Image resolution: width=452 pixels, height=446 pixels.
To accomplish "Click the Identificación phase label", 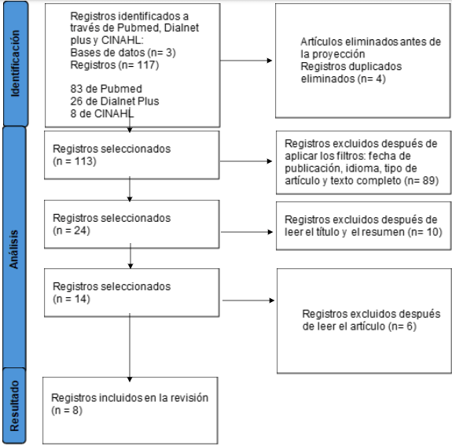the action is (15, 64).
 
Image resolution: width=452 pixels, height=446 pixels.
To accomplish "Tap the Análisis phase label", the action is (14, 249).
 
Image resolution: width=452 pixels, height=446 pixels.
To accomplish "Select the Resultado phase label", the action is (14, 406).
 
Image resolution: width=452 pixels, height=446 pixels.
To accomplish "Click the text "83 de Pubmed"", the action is (106, 89).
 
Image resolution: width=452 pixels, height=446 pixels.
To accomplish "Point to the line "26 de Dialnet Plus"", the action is (115, 101).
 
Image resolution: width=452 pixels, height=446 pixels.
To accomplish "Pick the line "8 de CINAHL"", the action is (102, 114).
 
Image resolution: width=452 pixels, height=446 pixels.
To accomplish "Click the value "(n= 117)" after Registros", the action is (138, 65).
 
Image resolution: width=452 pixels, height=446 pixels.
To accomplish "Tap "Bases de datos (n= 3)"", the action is (123, 53).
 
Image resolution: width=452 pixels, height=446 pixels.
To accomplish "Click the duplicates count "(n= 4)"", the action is (371, 79).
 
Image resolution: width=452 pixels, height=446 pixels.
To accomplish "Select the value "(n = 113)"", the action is (75, 161).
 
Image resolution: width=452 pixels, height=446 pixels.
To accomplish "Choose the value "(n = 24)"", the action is (72, 230).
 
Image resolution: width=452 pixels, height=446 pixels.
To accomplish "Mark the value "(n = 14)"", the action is (72, 299).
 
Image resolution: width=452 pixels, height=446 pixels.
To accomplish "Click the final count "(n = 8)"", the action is (67, 411).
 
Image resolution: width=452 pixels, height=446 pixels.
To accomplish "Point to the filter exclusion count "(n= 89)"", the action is (421, 181).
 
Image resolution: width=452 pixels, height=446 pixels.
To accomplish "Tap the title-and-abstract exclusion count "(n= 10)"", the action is (425, 232).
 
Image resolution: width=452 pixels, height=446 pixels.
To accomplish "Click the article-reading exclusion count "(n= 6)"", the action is (402, 326).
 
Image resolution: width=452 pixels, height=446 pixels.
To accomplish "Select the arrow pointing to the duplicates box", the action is (246, 61).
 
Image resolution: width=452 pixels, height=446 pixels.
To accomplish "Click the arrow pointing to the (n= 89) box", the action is (246, 161).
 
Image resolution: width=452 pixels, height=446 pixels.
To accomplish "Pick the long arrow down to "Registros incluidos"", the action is (130, 348).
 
